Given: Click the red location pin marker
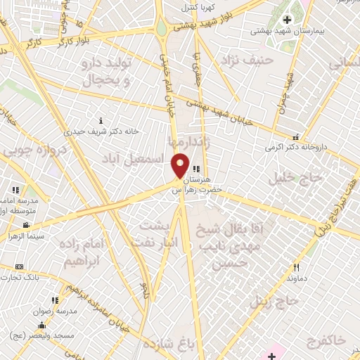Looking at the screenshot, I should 180,165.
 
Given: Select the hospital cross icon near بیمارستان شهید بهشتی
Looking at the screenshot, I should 287,19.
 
